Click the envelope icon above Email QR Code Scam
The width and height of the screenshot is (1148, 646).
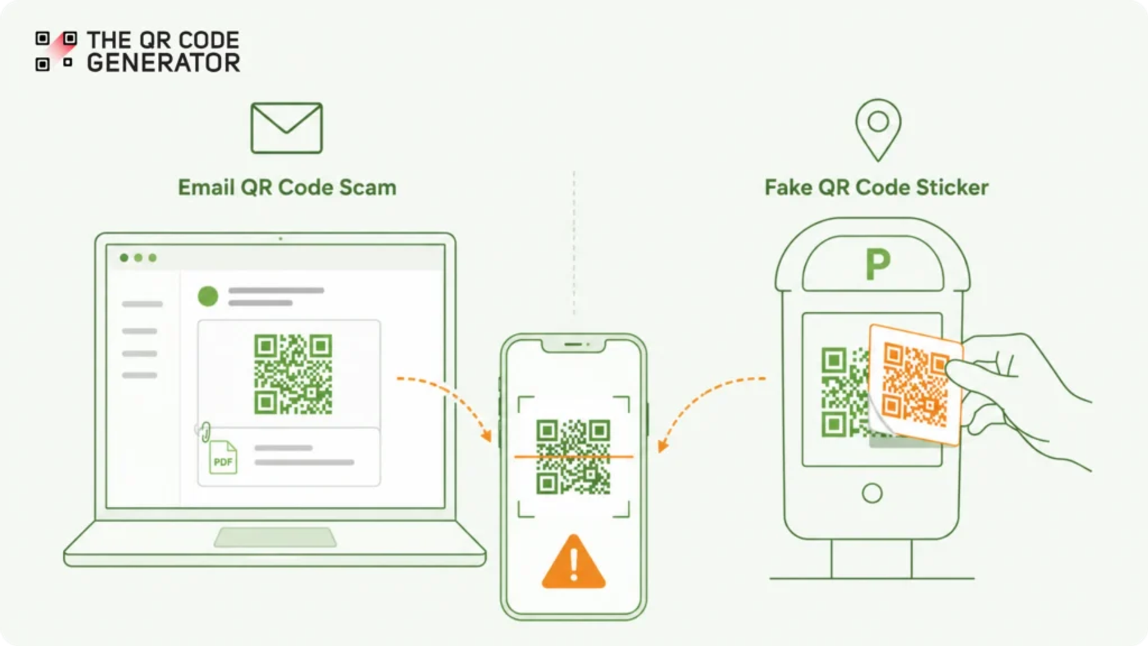click(286, 128)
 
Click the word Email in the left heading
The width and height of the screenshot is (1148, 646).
click(206, 187)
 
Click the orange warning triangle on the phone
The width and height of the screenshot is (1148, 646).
click(573, 562)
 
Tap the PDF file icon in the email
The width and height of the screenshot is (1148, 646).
click(223, 458)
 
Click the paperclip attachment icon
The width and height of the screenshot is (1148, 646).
click(204, 431)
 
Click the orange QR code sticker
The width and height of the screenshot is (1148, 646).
click(915, 385)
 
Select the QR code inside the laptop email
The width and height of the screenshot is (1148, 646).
click(293, 374)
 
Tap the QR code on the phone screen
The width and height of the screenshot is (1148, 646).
click(573, 457)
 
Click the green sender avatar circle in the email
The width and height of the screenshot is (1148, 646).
click(208, 296)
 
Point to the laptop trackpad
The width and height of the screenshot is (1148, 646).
click(275, 537)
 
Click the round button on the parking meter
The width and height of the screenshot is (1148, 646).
click(872, 493)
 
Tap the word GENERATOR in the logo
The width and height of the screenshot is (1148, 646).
click(163, 63)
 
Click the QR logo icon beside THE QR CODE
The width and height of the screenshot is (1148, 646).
click(56, 51)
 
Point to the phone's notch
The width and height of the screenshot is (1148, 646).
click(573, 345)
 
